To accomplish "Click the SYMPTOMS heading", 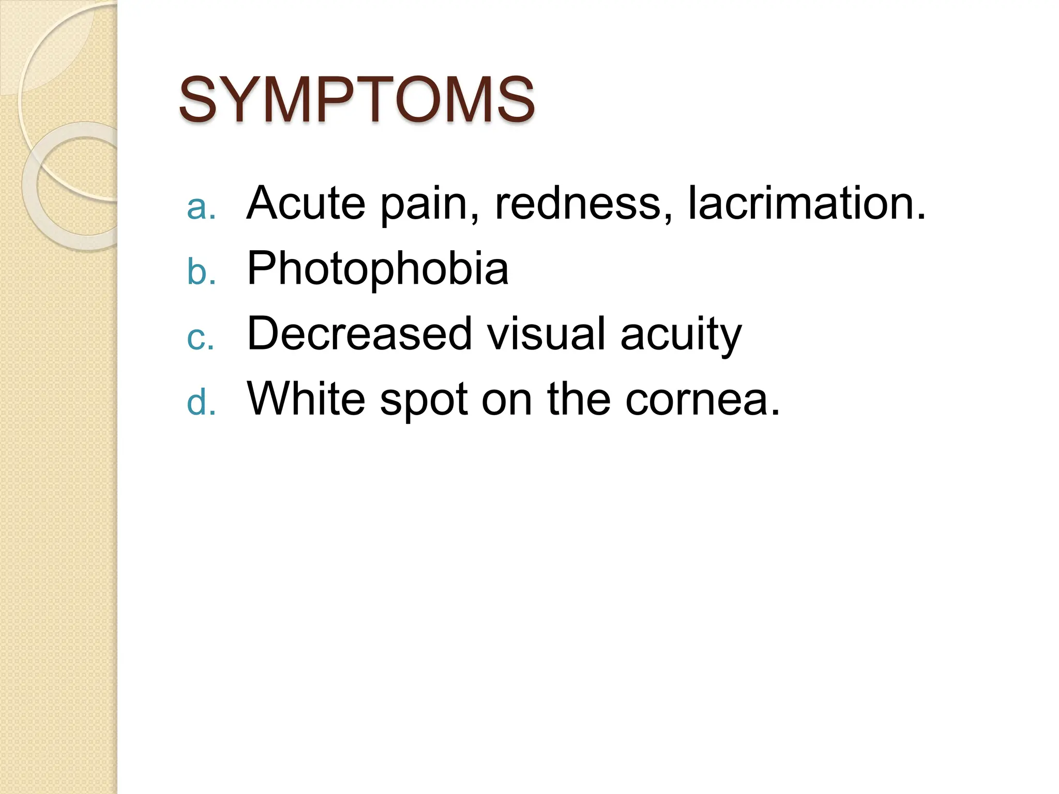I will pyautogui.click(x=356, y=99).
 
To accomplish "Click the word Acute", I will pyautogui.click(x=306, y=203).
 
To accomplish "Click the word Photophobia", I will pyautogui.click(x=378, y=269).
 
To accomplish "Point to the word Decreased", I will pyautogui.click(x=359, y=334).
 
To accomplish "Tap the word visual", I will pyautogui.click(x=546, y=334).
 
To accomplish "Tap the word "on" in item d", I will pyautogui.click(x=507, y=400).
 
